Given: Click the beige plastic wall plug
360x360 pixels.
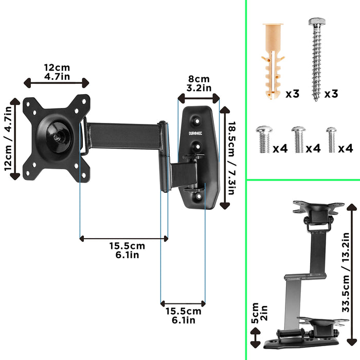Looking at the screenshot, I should click(272, 60).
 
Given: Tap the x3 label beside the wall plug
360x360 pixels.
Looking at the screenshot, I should click(292, 94).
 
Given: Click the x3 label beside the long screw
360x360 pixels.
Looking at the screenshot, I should click(331, 94).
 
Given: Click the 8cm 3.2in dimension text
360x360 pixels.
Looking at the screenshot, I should click(199, 83).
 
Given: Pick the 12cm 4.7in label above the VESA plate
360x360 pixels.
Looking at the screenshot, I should click(57, 72).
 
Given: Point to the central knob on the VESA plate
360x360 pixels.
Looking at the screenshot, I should click(56, 137).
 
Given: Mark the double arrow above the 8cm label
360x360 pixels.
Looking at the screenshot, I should click(199, 97).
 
